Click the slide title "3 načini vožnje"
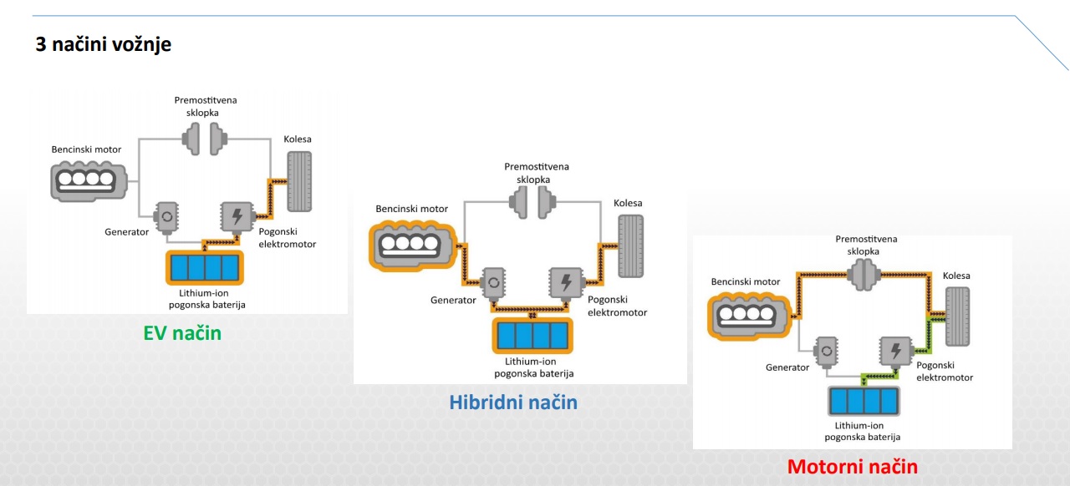coord(103,44)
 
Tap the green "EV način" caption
coord(182,333)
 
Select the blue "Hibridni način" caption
coord(513,402)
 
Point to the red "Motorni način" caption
coord(853,467)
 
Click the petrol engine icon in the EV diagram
coord(89,181)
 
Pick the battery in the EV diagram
coord(205,267)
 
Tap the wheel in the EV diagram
coord(299,181)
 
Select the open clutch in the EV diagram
coord(205,139)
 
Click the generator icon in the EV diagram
coord(166,217)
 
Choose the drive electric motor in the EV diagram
coord(237,217)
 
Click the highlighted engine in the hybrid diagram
coord(413,246)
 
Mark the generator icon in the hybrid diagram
coord(493,283)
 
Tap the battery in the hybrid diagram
coord(532,336)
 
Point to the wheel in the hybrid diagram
coord(630,246)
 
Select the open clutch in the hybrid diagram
coord(532,202)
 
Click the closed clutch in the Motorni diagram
coord(864,275)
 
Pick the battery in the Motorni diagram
coord(864,401)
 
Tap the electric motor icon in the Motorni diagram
coord(895,352)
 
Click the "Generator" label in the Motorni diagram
coord(787,367)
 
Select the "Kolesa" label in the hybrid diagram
coord(628,204)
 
